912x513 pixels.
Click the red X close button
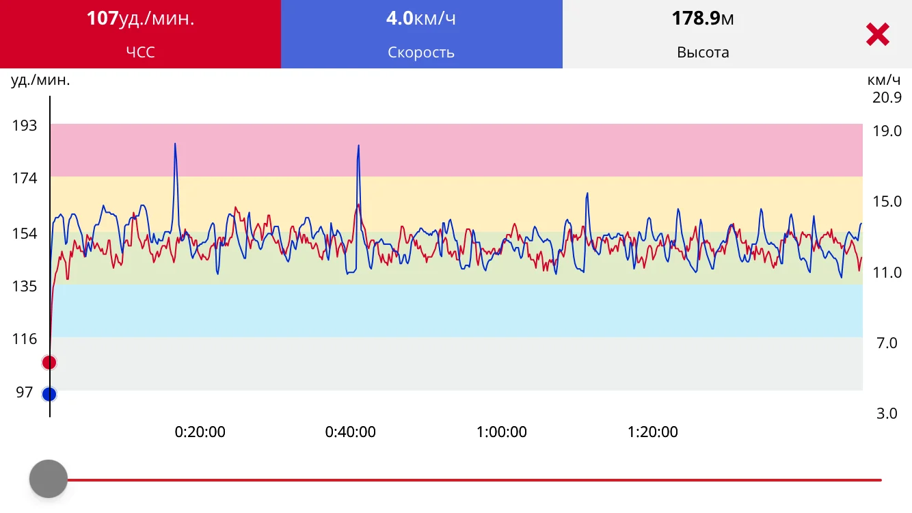(877, 34)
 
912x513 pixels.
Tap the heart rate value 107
(103, 18)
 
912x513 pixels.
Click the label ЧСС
(140, 53)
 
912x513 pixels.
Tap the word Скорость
(421, 53)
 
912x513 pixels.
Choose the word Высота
(703, 53)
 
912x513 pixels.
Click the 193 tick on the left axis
(25, 125)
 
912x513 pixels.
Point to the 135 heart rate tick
(25, 286)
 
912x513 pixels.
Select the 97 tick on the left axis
(25, 392)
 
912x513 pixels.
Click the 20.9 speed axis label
(887, 97)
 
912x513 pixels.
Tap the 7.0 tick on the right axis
(887, 343)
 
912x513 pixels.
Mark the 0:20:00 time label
(200, 432)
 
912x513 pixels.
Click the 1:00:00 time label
(502, 432)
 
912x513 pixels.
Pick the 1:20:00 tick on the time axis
(653, 432)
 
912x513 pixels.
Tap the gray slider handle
(49, 479)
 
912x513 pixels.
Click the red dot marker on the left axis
(49, 362)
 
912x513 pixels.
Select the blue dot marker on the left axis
(49, 394)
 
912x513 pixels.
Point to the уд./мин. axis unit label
(40, 80)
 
